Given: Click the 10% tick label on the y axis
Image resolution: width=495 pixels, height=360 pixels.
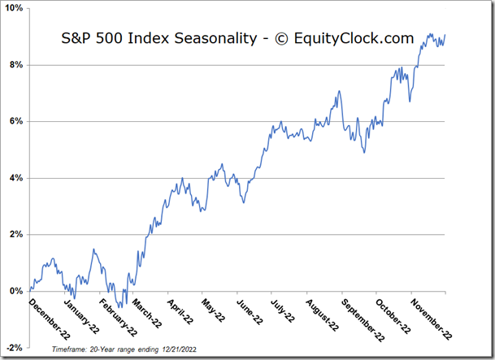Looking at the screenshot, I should click(15, 8).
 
